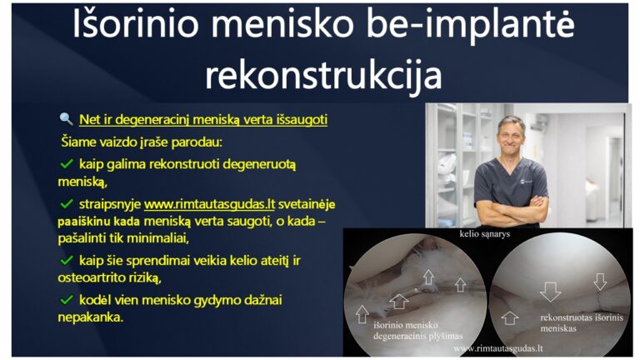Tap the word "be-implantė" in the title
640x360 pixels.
[475, 30]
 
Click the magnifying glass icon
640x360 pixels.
[66, 119]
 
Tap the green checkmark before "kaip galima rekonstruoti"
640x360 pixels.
[67, 163]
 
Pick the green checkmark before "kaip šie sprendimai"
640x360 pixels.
[67, 261]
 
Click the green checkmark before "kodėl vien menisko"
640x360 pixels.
[67, 298]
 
